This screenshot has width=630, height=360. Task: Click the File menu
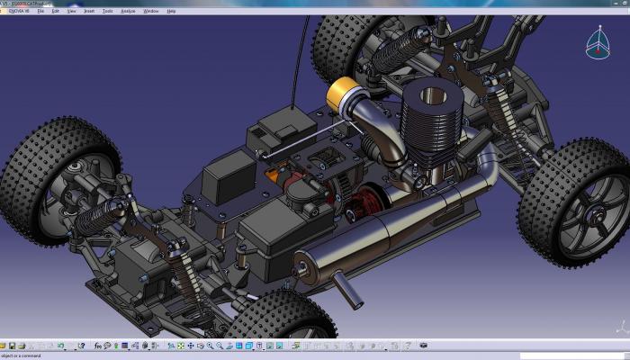41,11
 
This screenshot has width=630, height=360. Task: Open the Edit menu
56,11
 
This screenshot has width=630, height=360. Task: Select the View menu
71,11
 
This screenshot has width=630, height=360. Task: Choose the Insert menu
88,11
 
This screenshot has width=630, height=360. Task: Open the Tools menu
108,11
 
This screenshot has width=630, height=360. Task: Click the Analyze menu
128,11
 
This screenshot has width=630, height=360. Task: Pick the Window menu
150,11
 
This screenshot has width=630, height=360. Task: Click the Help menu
171,11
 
